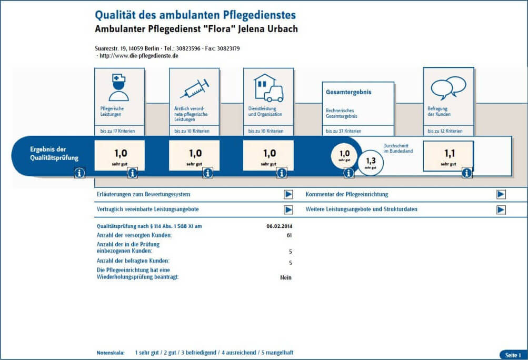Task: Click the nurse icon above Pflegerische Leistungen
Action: (x=118, y=86)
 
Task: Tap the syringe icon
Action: (x=194, y=88)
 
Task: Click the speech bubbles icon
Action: (x=448, y=87)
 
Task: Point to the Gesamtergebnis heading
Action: (x=348, y=92)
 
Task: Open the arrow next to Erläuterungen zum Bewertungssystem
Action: (x=288, y=194)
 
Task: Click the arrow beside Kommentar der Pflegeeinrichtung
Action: (x=501, y=194)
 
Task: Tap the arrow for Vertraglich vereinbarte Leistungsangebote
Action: (x=288, y=209)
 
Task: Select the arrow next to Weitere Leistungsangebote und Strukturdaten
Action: (x=501, y=209)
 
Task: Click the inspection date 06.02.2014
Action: (x=279, y=226)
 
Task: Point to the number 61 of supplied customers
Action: (x=289, y=235)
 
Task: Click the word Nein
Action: (x=286, y=277)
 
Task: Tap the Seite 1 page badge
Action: (x=513, y=355)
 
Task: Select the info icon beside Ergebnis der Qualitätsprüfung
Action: (x=79, y=172)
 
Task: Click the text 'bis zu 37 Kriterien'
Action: (x=344, y=131)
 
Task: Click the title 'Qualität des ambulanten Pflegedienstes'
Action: (x=195, y=15)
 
